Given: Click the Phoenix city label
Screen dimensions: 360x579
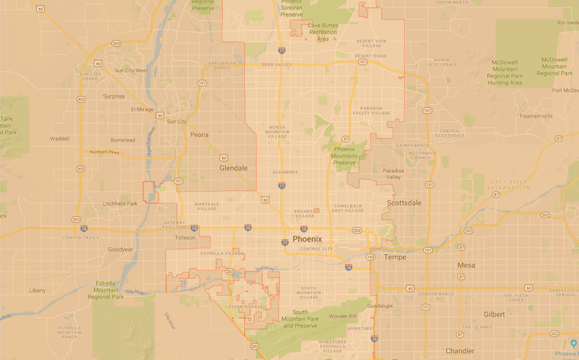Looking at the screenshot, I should click(x=307, y=239).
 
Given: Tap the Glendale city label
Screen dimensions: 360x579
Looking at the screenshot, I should click(x=234, y=168).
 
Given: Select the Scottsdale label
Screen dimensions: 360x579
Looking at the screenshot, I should click(x=404, y=203).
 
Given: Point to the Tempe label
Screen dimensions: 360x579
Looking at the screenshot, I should click(x=395, y=257).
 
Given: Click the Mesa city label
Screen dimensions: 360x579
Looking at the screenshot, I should click(x=466, y=265).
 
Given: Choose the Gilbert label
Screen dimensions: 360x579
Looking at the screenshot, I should click(x=494, y=314).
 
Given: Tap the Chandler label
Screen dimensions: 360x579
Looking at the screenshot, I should click(x=460, y=351).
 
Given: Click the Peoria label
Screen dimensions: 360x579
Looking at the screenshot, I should click(x=199, y=135).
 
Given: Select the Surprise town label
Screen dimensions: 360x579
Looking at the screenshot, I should click(x=114, y=97).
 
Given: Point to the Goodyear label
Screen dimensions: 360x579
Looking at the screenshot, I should click(x=120, y=249).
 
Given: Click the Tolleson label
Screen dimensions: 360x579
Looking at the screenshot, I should click(x=185, y=238).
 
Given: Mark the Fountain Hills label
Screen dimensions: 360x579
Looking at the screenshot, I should click(x=536, y=116).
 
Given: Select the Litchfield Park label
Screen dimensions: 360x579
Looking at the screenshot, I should click(x=120, y=204).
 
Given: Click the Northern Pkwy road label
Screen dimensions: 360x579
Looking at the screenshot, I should click(x=105, y=152).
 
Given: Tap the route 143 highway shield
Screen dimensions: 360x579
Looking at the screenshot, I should click(x=371, y=257).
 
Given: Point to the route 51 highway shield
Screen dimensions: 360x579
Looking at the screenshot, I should click(x=345, y=138).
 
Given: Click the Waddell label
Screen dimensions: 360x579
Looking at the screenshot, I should click(x=59, y=138).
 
